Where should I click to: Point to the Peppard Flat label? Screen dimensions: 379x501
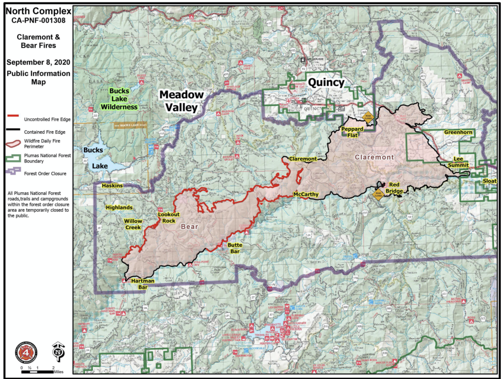point(352,132)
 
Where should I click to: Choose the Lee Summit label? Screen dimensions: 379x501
point(458,162)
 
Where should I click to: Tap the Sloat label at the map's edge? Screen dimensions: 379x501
point(490,181)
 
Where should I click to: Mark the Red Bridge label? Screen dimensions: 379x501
point(395,188)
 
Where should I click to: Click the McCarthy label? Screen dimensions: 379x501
point(306,194)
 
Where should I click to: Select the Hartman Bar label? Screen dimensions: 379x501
point(142,284)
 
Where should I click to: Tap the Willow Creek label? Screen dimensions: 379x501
point(133,224)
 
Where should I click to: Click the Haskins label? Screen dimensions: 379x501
point(112,186)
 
